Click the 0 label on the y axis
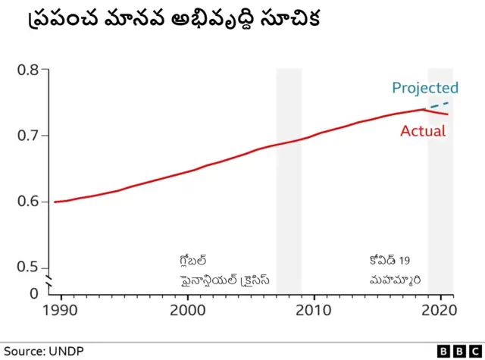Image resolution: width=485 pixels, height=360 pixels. (x=33, y=293)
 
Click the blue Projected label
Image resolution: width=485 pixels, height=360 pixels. (x=424, y=88)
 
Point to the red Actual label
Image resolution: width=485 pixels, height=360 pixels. (x=423, y=131)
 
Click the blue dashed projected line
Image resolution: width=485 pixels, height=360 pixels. (x=440, y=105)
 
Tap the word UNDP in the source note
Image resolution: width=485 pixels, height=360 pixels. (x=66, y=351)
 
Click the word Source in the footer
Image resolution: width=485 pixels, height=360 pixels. (x=23, y=351)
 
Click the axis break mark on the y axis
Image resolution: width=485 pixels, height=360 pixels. (x=50, y=282)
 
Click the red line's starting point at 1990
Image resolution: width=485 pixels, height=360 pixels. (x=55, y=202)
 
